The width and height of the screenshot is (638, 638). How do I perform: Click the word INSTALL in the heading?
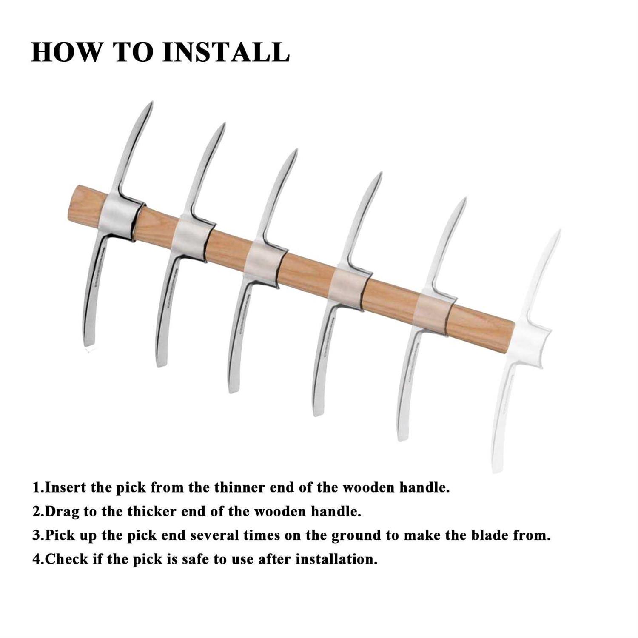click(x=226, y=52)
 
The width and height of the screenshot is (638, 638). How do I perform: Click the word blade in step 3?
click(x=488, y=535)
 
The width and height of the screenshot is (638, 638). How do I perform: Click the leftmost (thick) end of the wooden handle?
click(x=70, y=203)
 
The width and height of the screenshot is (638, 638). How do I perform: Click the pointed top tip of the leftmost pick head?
click(x=151, y=102)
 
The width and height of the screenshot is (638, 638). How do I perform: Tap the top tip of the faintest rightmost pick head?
click(x=559, y=231)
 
